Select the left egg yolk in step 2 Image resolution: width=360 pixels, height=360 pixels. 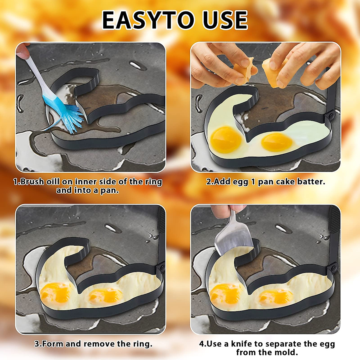pyautogui.click(x=226, y=139)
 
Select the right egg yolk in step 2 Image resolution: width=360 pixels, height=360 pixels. pyautogui.click(x=277, y=142)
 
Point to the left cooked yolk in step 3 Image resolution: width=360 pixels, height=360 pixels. pyautogui.click(x=55, y=292)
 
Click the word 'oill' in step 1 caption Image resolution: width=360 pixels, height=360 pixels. pyautogui.click(x=53, y=182)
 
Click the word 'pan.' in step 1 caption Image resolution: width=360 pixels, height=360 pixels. pyautogui.click(x=109, y=190)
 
